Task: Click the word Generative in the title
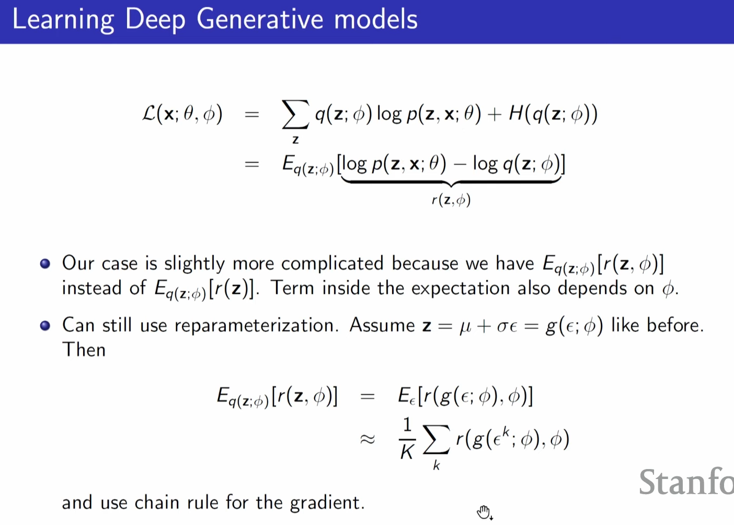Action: click(x=260, y=19)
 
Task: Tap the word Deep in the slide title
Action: click(x=155, y=20)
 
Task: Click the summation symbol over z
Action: click(x=295, y=115)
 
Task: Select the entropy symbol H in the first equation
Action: click(x=516, y=113)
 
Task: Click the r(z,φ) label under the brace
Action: click(x=451, y=200)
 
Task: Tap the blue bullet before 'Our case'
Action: click(x=45, y=264)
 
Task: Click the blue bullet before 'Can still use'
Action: click(x=45, y=326)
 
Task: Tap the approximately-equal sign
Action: click(x=368, y=439)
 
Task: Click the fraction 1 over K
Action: click(x=407, y=438)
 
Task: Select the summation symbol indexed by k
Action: click(x=436, y=440)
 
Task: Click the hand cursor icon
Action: click(x=484, y=512)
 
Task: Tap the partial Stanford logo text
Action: click(x=686, y=482)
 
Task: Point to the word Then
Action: click(x=84, y=350)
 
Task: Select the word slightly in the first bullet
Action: click(x=194, y=264)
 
